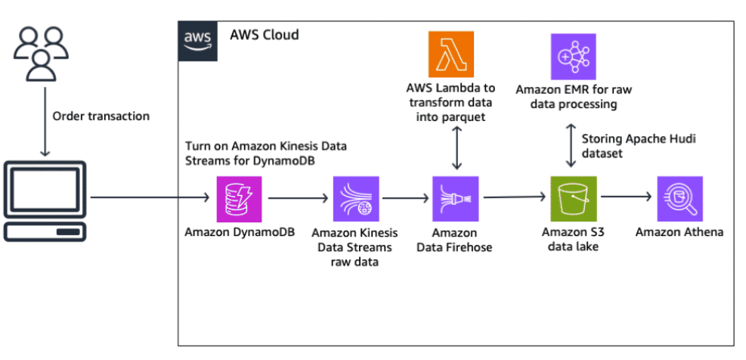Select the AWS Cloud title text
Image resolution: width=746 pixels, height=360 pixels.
[264, 35]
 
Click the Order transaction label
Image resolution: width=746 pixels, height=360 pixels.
[101, 116]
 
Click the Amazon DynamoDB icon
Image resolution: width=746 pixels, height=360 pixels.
[239, 199]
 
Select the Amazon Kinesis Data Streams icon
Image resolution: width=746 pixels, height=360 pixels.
[355, 199]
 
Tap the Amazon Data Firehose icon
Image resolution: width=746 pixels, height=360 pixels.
[455, 199]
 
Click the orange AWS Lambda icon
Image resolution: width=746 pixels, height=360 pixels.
[450, 54]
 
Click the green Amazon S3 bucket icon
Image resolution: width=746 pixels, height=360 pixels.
[573, 199]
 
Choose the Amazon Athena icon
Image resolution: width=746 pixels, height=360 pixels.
[679, 199]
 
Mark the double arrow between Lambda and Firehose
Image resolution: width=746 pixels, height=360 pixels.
[456, 148]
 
